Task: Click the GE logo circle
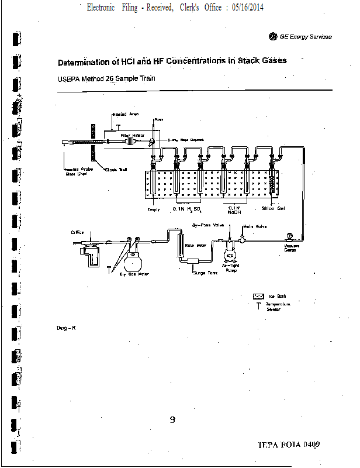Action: coord(272,36)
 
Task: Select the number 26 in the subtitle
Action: coord(109,78)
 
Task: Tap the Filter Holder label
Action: coord(133,135)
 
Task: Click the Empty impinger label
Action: coord(154,209)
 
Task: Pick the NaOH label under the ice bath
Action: coord(234,213)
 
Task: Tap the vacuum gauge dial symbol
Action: coord(289,236)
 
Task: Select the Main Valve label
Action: coord(255,226)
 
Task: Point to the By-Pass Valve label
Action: coord(209,224)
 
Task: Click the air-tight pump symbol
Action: coord(231,255)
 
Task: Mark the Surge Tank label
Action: coord(205,273)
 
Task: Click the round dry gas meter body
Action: coord(136,256)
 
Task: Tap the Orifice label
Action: coord(78,232)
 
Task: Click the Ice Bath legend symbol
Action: coord(258,297)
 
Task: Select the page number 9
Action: coord(172,419)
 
